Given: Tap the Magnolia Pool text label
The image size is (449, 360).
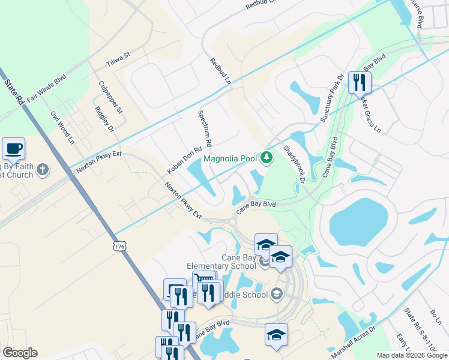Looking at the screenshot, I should (x=231, y=159).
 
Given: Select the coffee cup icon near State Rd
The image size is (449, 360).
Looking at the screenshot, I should (x=13, y=148).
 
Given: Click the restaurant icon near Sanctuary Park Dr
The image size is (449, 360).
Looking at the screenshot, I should (x=360, y=82).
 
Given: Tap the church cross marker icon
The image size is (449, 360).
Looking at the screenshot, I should (x=42, y=170).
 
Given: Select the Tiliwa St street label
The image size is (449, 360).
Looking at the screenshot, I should (x=118, y=58).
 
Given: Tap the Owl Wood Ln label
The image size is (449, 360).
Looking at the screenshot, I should (x=62, y=128).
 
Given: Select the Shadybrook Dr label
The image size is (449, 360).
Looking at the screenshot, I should (x=295, y=164).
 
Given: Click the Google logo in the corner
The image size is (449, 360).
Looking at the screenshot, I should (x=20, y=353).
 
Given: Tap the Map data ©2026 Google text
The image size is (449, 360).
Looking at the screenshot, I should (x=411, y=355).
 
